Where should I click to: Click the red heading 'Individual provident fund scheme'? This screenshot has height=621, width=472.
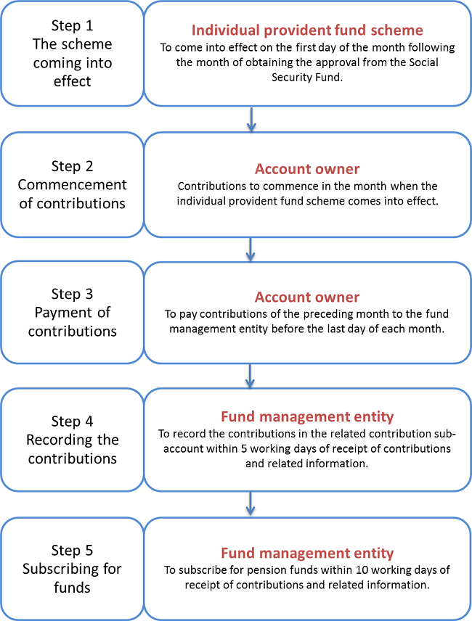click(307, 30)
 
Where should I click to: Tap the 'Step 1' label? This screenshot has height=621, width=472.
click(72, 25)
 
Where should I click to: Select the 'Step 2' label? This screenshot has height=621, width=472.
click(72, 166)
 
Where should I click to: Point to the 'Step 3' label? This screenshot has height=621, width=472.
click(72, 294)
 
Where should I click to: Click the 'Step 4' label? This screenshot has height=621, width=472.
click(72, 421)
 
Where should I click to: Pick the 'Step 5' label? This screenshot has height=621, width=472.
click(72, 550)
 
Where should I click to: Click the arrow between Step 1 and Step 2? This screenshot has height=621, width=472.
click(251, 119)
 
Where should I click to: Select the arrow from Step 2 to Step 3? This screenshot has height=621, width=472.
click(250, 250)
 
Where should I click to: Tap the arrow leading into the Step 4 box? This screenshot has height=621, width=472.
click(250, 376)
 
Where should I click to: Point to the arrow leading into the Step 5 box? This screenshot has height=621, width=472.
click(250, 503)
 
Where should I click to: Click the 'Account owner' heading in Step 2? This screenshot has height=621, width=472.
click(307, 169)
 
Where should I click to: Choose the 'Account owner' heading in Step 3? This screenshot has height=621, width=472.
click(307, 297)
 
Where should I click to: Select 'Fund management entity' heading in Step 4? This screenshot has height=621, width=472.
click(307, 416)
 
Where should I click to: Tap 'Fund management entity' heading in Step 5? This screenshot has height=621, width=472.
click(307, 553)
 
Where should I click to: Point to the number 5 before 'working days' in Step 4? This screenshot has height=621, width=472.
click(244, 449)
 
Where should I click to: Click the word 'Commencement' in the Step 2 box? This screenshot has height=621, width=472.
click(72, 185)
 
